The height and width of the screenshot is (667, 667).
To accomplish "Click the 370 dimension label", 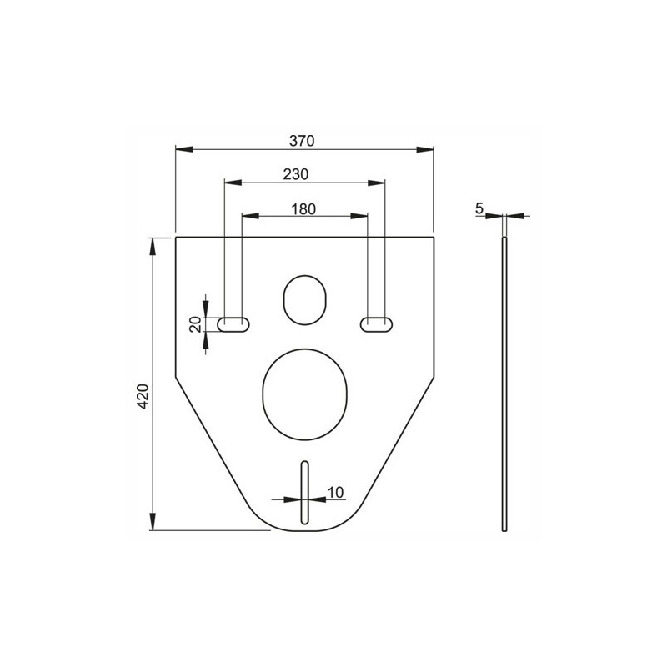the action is [x=302, y=141].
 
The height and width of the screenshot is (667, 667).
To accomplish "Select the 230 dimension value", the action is [x=296, y=174].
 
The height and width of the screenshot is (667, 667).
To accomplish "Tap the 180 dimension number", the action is [x=303, y=209].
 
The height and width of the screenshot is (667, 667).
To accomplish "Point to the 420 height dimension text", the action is [x=143, y=396].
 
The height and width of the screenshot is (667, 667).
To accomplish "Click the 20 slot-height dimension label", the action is [x=195, y=324].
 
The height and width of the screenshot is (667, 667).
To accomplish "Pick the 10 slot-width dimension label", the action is [x=335, y=493].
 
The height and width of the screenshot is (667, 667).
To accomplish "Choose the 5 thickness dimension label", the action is [x=479, y=209].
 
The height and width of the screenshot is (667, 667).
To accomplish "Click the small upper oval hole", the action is [x=304, y=300].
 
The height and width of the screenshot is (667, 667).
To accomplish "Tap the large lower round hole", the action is [x=305, y=394].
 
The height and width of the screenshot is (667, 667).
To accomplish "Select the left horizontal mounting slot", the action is [x=233, y=324].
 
